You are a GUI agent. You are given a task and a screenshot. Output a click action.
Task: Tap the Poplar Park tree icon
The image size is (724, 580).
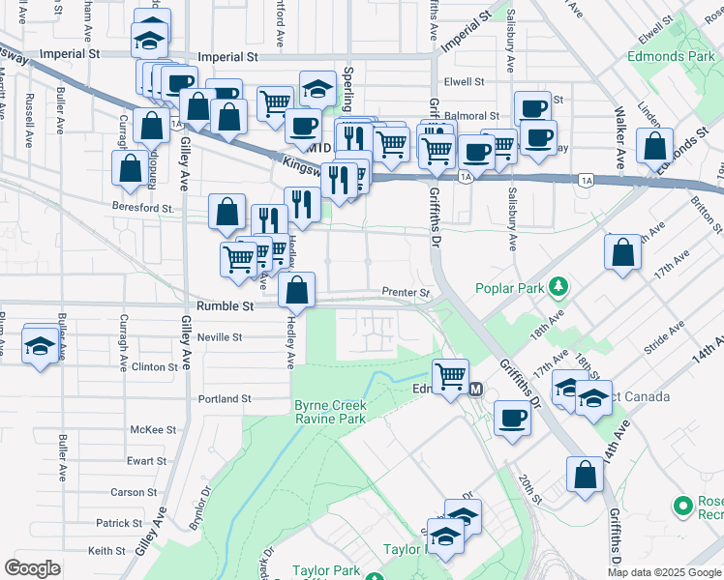click(x=558, y=287)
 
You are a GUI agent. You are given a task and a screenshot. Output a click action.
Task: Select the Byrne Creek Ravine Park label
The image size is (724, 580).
click(x=329, y=412)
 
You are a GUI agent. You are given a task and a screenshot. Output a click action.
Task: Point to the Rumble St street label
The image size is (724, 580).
click(x=225, y=305)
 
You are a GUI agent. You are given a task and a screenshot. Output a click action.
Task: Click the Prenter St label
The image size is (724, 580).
click(x=405, y=292)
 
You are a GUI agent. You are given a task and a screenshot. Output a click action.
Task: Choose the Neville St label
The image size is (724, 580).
click(x=219, y=337)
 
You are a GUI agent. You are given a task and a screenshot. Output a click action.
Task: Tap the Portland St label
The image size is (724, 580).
click(x=225, y=398)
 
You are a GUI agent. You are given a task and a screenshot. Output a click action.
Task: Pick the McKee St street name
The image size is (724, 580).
click(x=153, y=429)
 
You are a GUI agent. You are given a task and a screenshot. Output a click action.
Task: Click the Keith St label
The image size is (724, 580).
click(x=101, y=550)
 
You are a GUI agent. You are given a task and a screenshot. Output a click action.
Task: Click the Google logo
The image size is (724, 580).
click(x=32, y=568)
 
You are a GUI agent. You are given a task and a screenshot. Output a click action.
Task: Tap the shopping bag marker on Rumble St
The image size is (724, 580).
click(x=296, y=289)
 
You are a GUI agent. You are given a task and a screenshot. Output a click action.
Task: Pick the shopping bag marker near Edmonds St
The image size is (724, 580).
click(x=654, y=146)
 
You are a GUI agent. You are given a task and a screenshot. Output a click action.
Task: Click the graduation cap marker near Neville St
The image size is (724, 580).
click(x=40, y=345)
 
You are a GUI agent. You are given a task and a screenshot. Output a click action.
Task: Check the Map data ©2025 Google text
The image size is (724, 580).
click(x=664, y=572)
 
